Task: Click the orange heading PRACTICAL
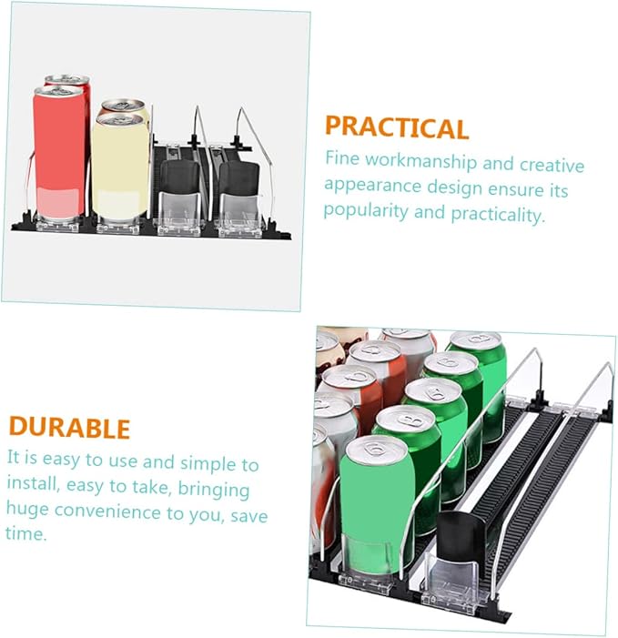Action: coord(397,127)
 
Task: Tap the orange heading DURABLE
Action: coord(69,427)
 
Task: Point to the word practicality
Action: coord(498,214)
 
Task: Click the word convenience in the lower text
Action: coord(107,511)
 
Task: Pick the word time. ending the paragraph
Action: coord(26,533)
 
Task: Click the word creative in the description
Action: coord(552,165)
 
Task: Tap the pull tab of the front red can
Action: coord(59,91)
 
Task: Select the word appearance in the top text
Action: coord(372,186)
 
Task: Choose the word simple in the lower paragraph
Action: coord(208,464)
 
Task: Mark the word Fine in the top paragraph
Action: coord(341,157)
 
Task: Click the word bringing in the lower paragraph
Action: coord(214,490)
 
